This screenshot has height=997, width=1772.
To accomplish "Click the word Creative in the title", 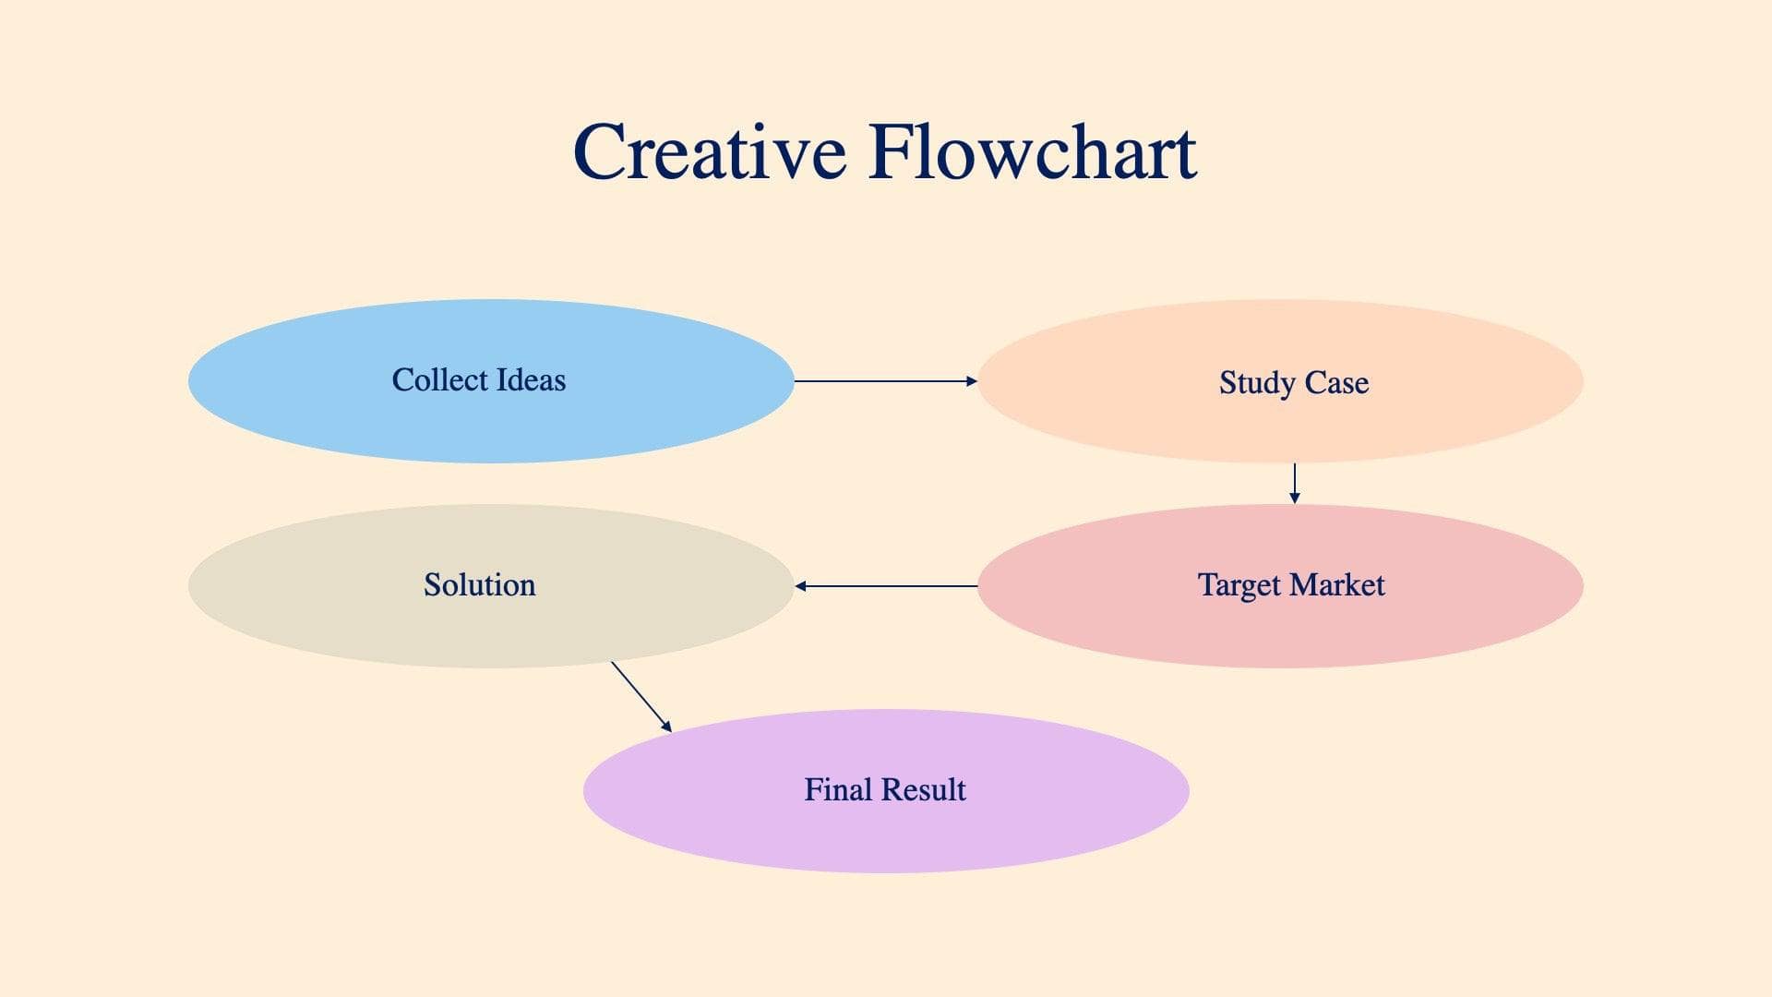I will [709, 152].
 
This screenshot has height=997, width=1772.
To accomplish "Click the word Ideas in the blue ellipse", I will [531, 379].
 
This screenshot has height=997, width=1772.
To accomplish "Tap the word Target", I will [1239, 585].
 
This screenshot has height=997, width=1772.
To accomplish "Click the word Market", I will [1337, 584].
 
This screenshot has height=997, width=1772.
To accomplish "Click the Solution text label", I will [479, 584].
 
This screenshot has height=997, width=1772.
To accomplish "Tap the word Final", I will [837, 789].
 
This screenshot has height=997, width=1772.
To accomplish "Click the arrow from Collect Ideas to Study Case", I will [884, 380].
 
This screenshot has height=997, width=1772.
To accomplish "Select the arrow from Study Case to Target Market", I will [1294, 483].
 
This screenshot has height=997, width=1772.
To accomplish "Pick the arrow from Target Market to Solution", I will [886, 585].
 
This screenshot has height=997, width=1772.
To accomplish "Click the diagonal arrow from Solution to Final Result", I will [641, 696].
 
